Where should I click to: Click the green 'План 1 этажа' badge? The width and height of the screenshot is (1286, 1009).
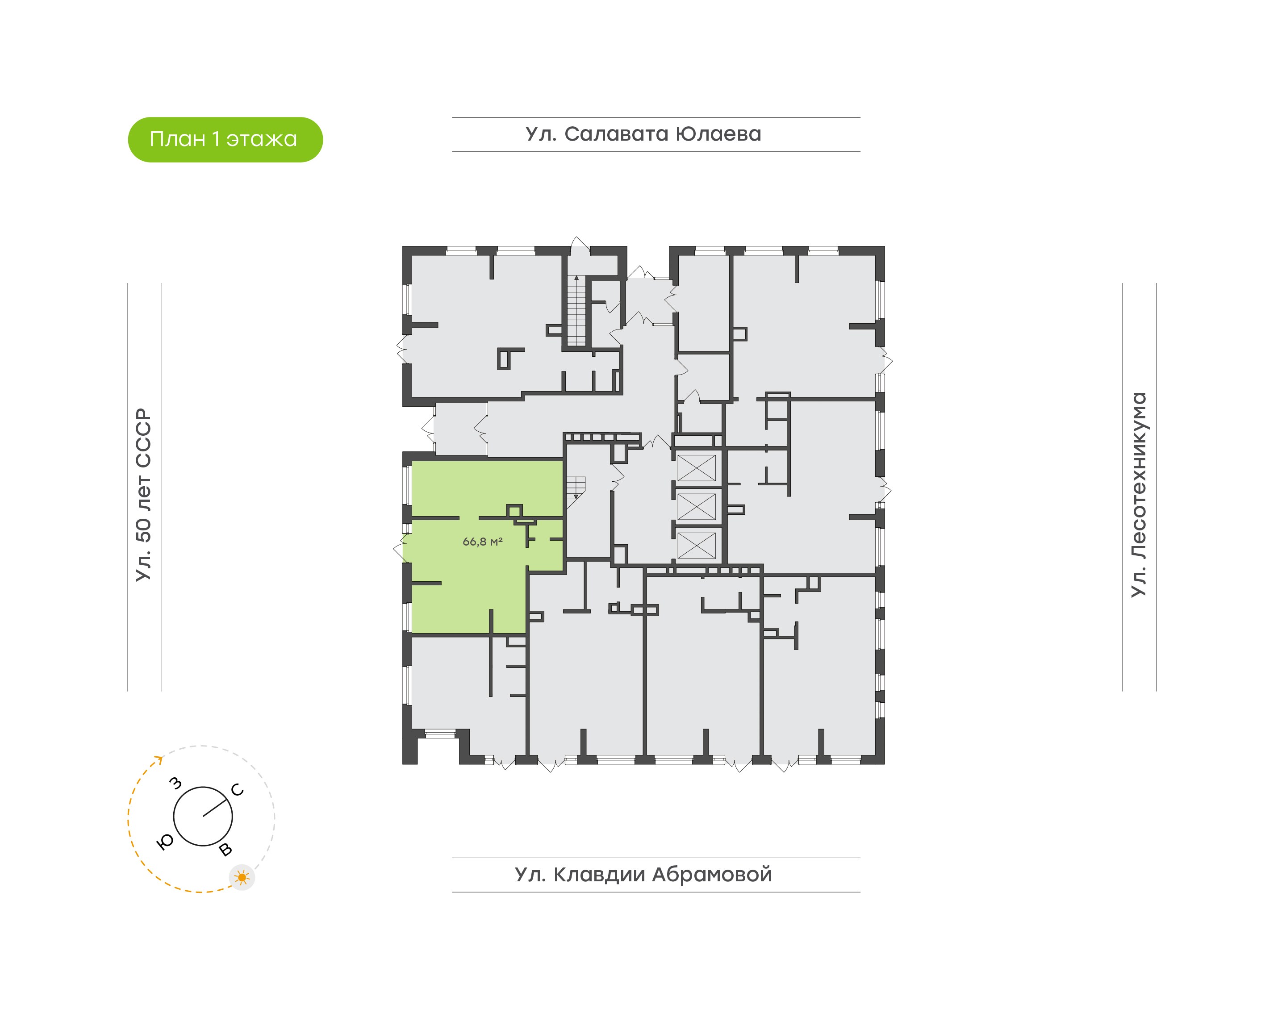(225, 139)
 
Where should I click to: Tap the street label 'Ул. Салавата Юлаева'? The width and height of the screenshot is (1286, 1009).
(643, 134)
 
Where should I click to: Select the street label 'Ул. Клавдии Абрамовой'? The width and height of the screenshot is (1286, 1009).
(643, 874)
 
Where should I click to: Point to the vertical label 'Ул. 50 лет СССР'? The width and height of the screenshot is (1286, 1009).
(143, 495)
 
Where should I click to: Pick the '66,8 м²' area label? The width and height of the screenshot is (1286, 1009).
(482, 542)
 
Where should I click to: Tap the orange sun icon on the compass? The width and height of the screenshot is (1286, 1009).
(242, 877)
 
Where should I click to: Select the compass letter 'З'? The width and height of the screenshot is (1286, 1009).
(175, 784)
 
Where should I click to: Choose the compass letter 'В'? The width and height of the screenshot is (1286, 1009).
(225, 850)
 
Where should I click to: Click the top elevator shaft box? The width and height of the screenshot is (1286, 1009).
(697, 468)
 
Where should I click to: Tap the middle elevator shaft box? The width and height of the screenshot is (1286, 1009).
(697, 507)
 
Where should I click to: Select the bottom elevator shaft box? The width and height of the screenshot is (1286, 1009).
(697, 545)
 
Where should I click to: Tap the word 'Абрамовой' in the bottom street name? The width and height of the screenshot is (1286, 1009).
(712, 874)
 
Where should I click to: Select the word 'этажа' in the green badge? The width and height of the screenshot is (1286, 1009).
(262, 139)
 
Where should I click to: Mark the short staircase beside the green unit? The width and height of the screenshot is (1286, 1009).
(576, 488)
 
